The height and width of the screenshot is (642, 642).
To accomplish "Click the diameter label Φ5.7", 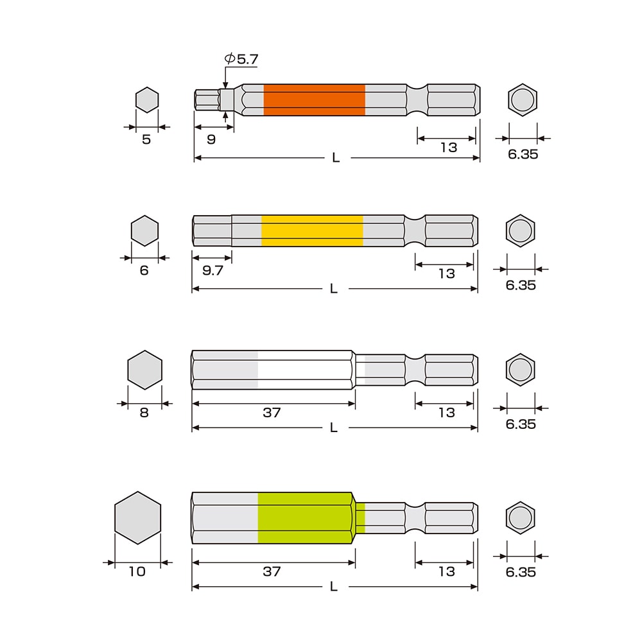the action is pos(241,59).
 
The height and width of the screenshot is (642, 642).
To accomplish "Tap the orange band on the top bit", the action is pos(314,100).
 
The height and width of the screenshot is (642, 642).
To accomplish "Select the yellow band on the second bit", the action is pos(312,230).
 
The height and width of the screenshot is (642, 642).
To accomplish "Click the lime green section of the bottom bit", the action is pos(307,518).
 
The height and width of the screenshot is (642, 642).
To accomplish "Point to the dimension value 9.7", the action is pos(213,270).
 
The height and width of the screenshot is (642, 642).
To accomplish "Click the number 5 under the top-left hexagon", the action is pos(146,139).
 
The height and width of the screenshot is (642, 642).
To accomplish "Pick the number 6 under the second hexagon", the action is pos(144,270).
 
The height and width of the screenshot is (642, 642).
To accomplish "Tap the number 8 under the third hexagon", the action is pos(144,412).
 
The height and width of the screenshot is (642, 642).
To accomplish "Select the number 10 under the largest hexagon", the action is pos(137,571).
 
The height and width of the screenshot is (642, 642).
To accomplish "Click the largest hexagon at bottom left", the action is pos(137,518).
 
